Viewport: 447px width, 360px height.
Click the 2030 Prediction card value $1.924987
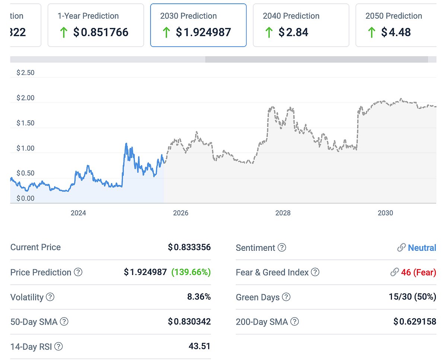pos(203,32)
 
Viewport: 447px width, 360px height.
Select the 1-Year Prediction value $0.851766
pos(101,32)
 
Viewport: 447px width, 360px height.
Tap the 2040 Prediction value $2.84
pos(293,32)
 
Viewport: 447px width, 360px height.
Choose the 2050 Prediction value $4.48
pos(396,32)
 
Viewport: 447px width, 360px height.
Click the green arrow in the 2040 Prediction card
pos(269,32)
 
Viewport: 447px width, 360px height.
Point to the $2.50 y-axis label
pos(25,73)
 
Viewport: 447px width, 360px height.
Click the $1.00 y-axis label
pos(25,148)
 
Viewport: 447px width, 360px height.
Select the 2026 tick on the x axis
pos(181,213)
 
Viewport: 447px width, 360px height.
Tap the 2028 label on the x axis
pos(283,213)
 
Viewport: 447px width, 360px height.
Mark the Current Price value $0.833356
pos(189,247)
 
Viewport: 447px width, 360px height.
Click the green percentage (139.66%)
pos(191,272)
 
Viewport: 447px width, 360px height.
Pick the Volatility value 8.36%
pos(199,297)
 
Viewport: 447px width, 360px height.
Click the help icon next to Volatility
pos(50,297)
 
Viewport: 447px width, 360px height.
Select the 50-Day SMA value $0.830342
pos(189,322)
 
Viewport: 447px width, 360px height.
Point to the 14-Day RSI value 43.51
pos(199,346)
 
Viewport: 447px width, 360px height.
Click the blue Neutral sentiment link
pos(422,248)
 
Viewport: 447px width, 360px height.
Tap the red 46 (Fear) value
pos(418,272)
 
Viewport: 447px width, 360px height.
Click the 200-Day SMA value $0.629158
pos(415,322)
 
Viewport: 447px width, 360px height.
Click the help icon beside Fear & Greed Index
pos(315,272)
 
